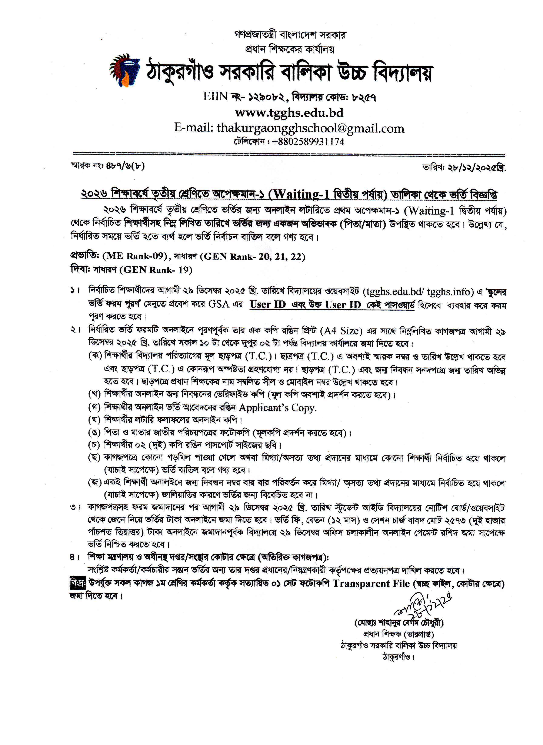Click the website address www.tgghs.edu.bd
point(289,113)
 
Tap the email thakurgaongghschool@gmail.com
point(310,128)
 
